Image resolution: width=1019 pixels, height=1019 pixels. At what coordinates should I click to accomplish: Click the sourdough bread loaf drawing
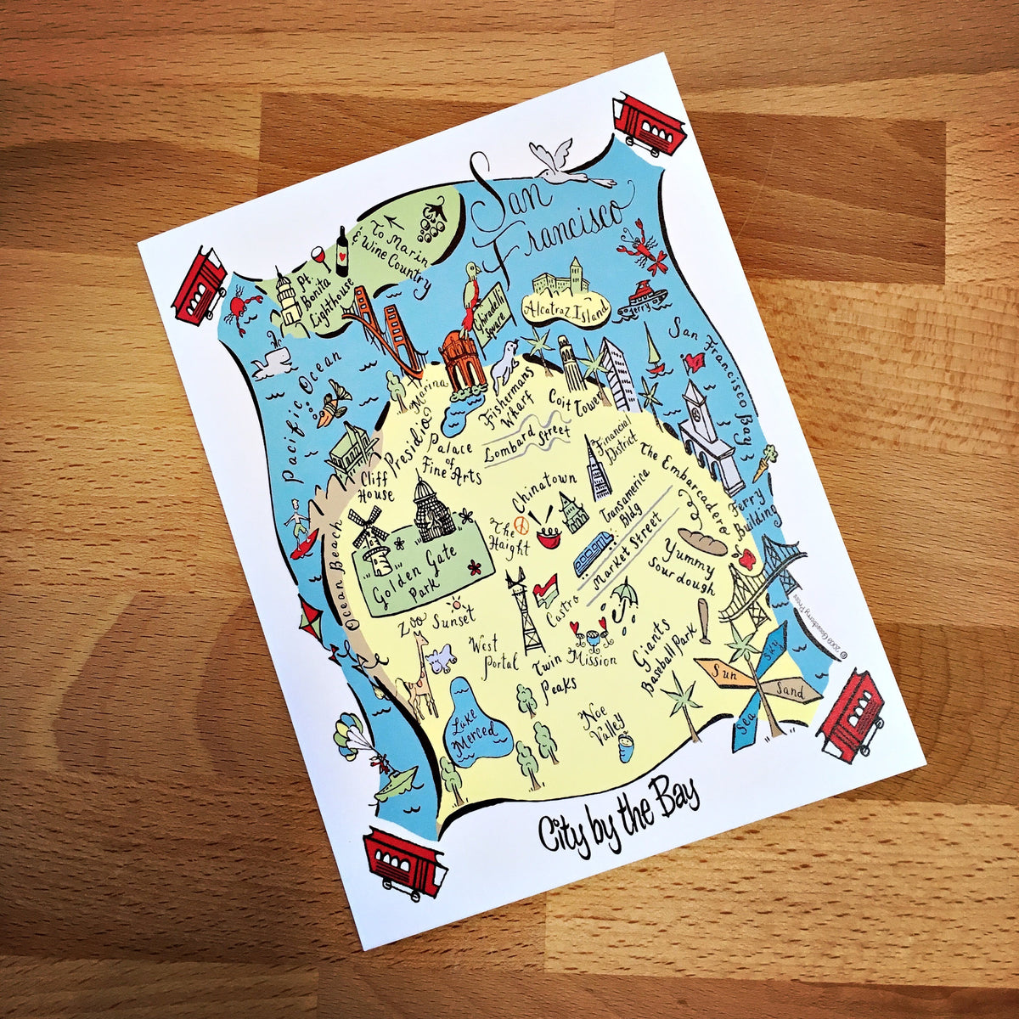[702, 542]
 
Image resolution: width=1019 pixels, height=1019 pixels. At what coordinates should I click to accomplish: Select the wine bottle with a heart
[341, 251]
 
